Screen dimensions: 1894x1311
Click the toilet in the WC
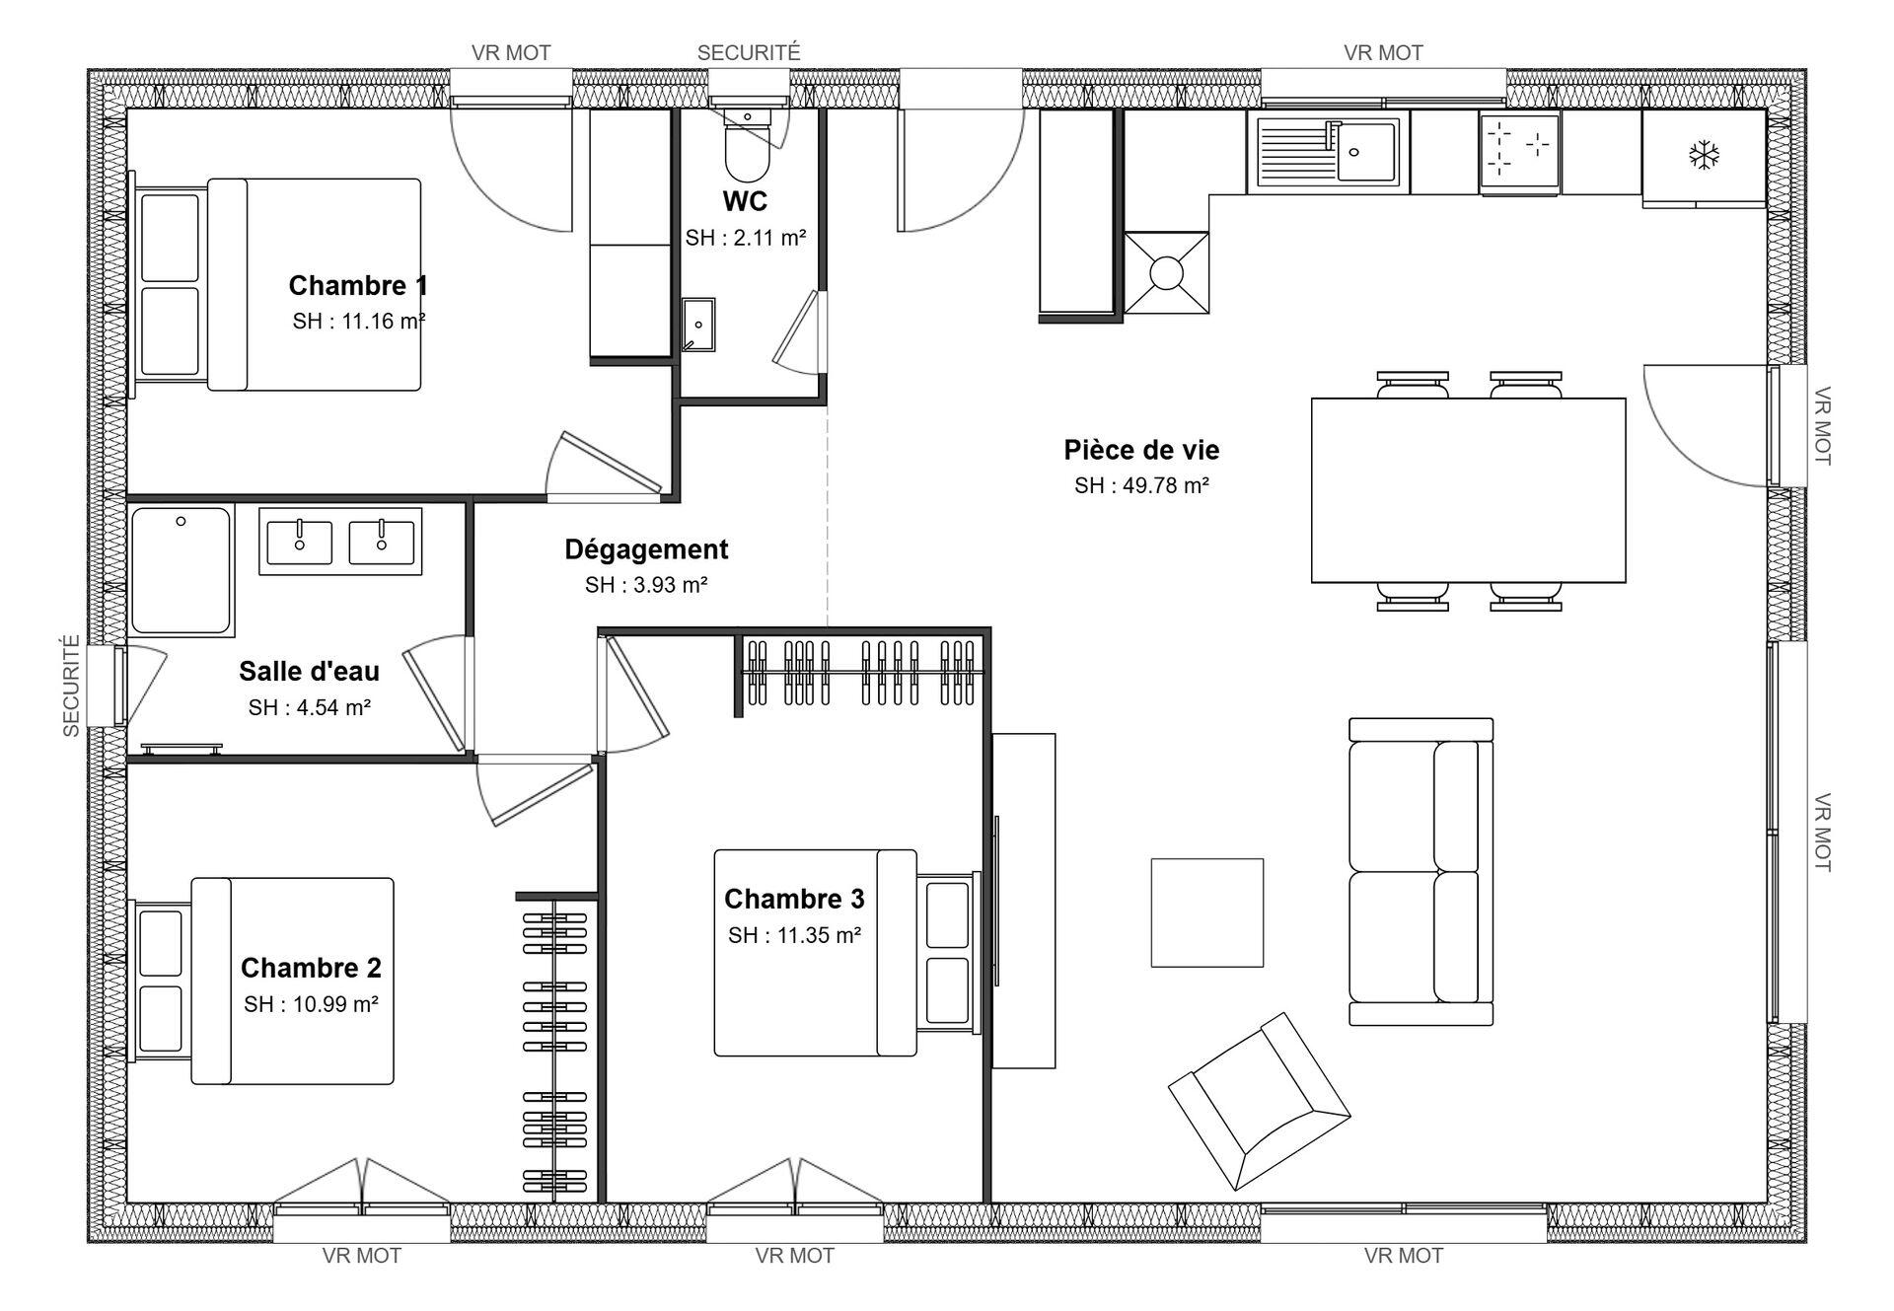pyautogui.click(x=748, y=140)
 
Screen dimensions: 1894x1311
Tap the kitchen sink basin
pyautogui.click(x=1366, y=152)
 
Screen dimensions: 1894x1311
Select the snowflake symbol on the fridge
pyautogui.click(x=1704, y=155)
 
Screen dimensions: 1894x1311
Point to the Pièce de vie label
pyautogui.click(x=1141, y=450)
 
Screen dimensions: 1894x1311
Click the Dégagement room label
pyautogui.click(x=646, y=549)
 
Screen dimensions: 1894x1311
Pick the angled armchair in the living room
pyautogui.click(x=1259, y=1100)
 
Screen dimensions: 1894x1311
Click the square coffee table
pyautogui.click(x=1206, y=912)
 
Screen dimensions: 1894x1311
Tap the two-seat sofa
pyautogui.click(x=1420, y=872)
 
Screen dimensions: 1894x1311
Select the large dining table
pyautogui.click(x=1468, y=490)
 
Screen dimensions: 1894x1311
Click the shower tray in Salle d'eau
pyautogui.click(x=182, y=571)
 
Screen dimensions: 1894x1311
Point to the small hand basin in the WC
pyautogui.click(x=698, y=325)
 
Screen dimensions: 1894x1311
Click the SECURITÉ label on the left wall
pyautogui.click(x=71, y=686)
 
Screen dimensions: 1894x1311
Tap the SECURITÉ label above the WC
pyautogui.click(x=749, y=52)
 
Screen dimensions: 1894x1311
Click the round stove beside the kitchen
pyautogui.click(x=1167, y=273)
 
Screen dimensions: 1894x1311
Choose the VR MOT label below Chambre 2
pyautogui.click(x=361, y=1256)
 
